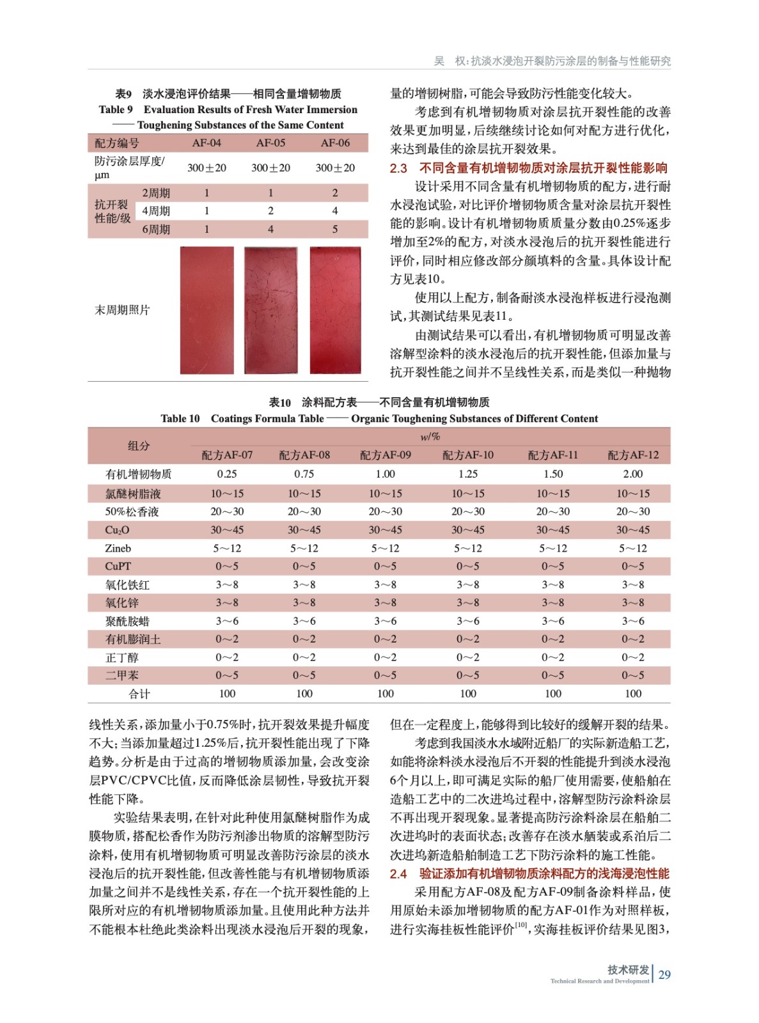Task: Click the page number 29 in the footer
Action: (664, 974)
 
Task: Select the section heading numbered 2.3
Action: (528, 168)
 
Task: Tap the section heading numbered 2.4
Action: (529, 873)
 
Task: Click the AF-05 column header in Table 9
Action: (270, 143)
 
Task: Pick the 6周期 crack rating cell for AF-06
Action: (334, 229)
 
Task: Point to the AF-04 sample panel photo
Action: (207, 310)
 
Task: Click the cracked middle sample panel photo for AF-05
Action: (270, 310)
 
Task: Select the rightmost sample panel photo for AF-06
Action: (335, 310)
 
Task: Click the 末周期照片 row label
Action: (122, 310)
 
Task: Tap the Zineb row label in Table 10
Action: (118, 548)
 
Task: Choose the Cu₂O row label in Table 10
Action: (117, 530)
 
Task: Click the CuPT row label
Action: (118, 566)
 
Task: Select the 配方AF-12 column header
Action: (633, 455)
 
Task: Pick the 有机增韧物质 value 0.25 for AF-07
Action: (227, 474)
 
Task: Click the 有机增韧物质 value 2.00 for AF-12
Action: (633, 474)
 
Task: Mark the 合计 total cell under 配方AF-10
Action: (468, 694)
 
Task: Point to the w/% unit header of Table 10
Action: (430, 437)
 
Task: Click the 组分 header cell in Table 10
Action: (139, 446)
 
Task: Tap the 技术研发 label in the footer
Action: (628, 969)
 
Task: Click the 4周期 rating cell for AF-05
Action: (270, 211)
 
